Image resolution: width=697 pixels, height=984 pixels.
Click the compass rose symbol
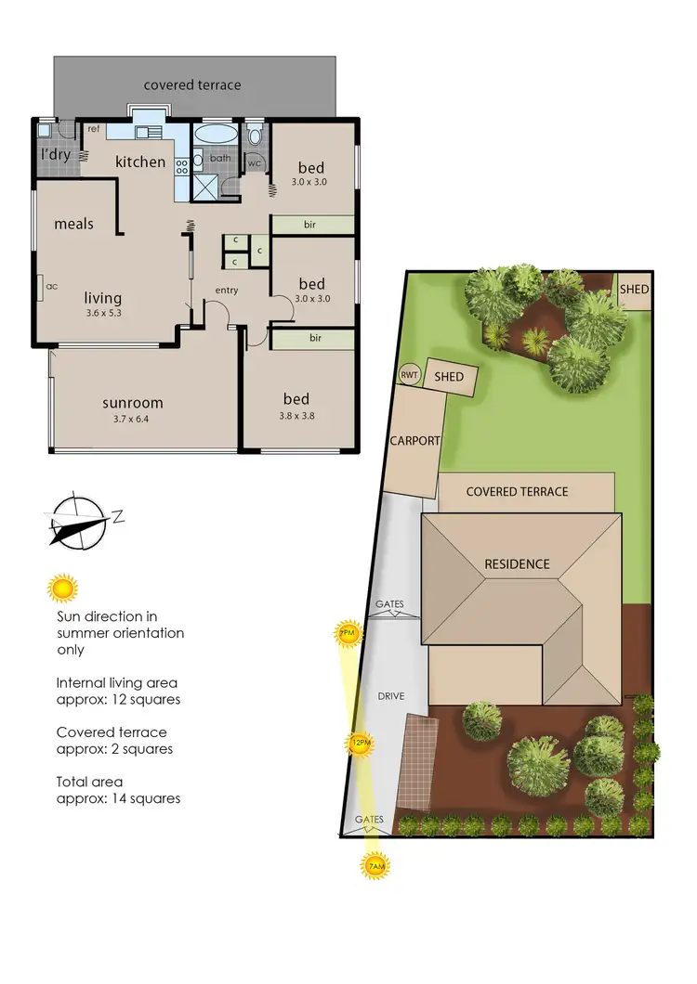pos(78,520)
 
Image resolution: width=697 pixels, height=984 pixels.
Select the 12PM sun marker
pos(361,743)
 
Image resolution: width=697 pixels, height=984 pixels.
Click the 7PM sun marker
pos(347,635)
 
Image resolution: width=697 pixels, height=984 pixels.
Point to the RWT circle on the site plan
pos(410,374)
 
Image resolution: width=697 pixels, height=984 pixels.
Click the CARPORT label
pos(414,441)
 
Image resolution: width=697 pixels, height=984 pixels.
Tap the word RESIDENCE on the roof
pos(517,564)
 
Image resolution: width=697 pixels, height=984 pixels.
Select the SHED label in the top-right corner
pos(634,290)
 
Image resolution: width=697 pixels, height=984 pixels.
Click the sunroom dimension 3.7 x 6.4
pos(133,419)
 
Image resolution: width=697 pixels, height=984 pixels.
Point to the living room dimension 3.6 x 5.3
pos(103,313)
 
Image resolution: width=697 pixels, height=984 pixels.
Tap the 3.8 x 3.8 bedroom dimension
pos(297,416)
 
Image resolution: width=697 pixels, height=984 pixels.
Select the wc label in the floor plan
pos(254,163)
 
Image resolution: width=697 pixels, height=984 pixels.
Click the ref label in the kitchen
pos(94,129)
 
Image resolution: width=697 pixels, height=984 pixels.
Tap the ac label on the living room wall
pos(52,287)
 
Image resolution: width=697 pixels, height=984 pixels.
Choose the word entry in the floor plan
pos(226,291)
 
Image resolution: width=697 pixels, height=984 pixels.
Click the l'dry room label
pos(55,155)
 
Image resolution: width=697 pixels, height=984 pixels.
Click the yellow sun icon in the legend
pos(62,589)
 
